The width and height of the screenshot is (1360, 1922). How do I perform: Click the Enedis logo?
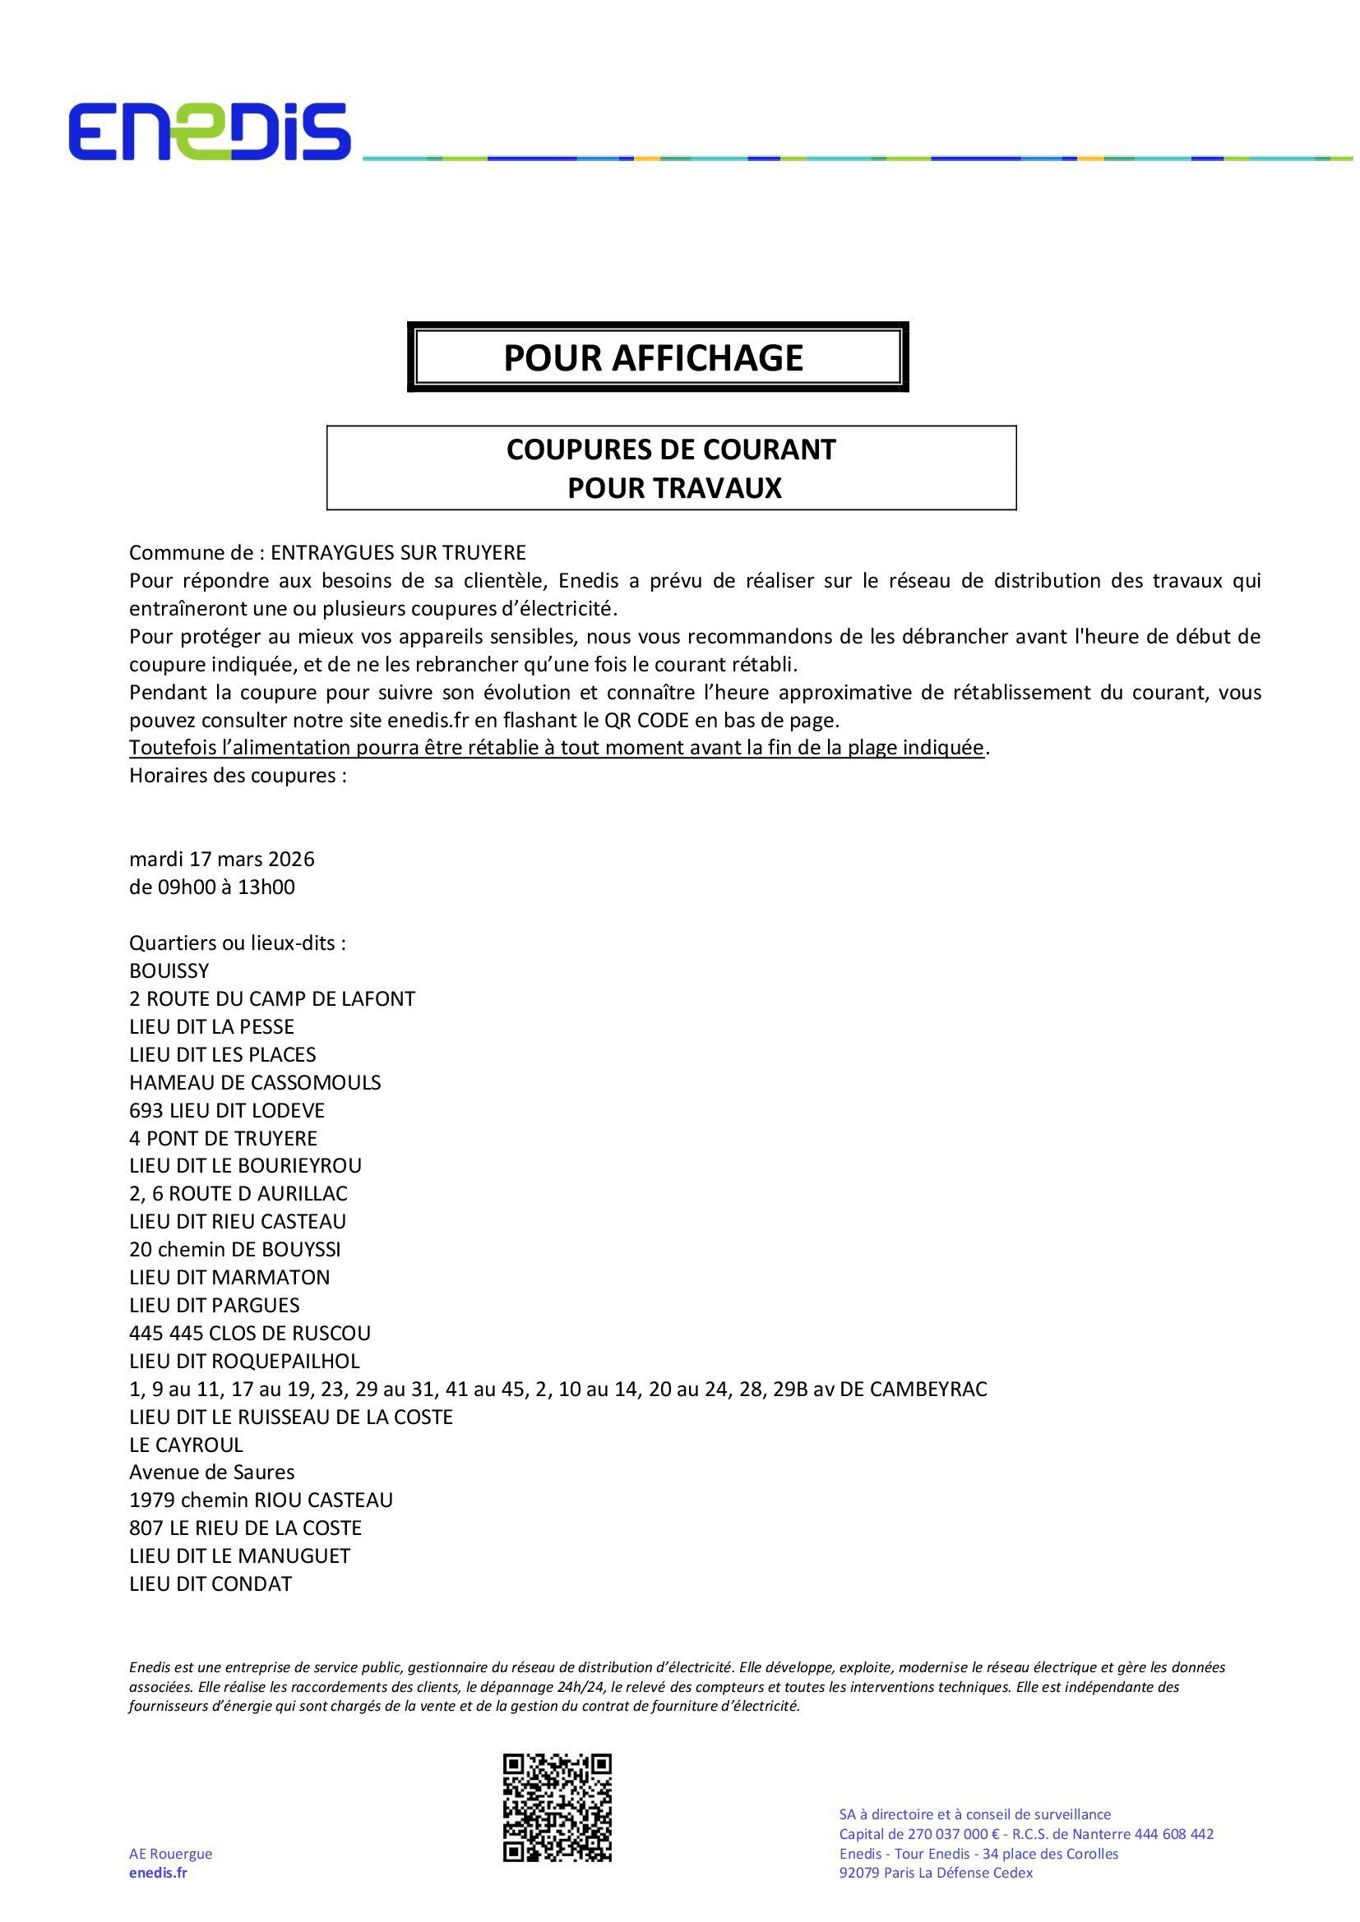[x=210, y=131]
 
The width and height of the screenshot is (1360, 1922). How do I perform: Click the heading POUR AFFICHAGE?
[x=653, y=357]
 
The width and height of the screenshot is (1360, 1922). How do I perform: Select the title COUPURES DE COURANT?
[x=671, y=449]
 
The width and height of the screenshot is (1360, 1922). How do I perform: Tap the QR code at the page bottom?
[x=557, y=1808]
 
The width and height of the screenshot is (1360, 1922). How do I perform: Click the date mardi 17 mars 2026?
[x=222, y=859]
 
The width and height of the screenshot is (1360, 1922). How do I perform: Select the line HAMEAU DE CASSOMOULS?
[x=256, y=1082]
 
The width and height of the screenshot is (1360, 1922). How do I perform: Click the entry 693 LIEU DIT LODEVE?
[x=227, y=1111]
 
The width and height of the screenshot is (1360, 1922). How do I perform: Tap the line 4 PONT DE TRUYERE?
[x=224, y=1138]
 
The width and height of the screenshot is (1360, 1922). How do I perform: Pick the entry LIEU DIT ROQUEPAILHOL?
[x=244, y=1361]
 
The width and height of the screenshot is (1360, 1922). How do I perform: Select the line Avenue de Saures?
[x=212, y=1473]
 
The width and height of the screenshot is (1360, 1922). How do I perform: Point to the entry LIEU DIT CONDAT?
[x=211, y=1583]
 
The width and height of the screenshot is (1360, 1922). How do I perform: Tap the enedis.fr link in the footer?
[x=158, y=1873]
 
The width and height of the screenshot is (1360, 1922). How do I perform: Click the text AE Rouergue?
[x=171, y=1853]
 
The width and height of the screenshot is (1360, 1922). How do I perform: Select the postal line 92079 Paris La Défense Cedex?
[x=936, y=1873]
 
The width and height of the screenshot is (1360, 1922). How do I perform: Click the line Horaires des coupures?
[x=238, y=775]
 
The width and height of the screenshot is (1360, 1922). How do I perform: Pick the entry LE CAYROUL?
[x=187, y=1445]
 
